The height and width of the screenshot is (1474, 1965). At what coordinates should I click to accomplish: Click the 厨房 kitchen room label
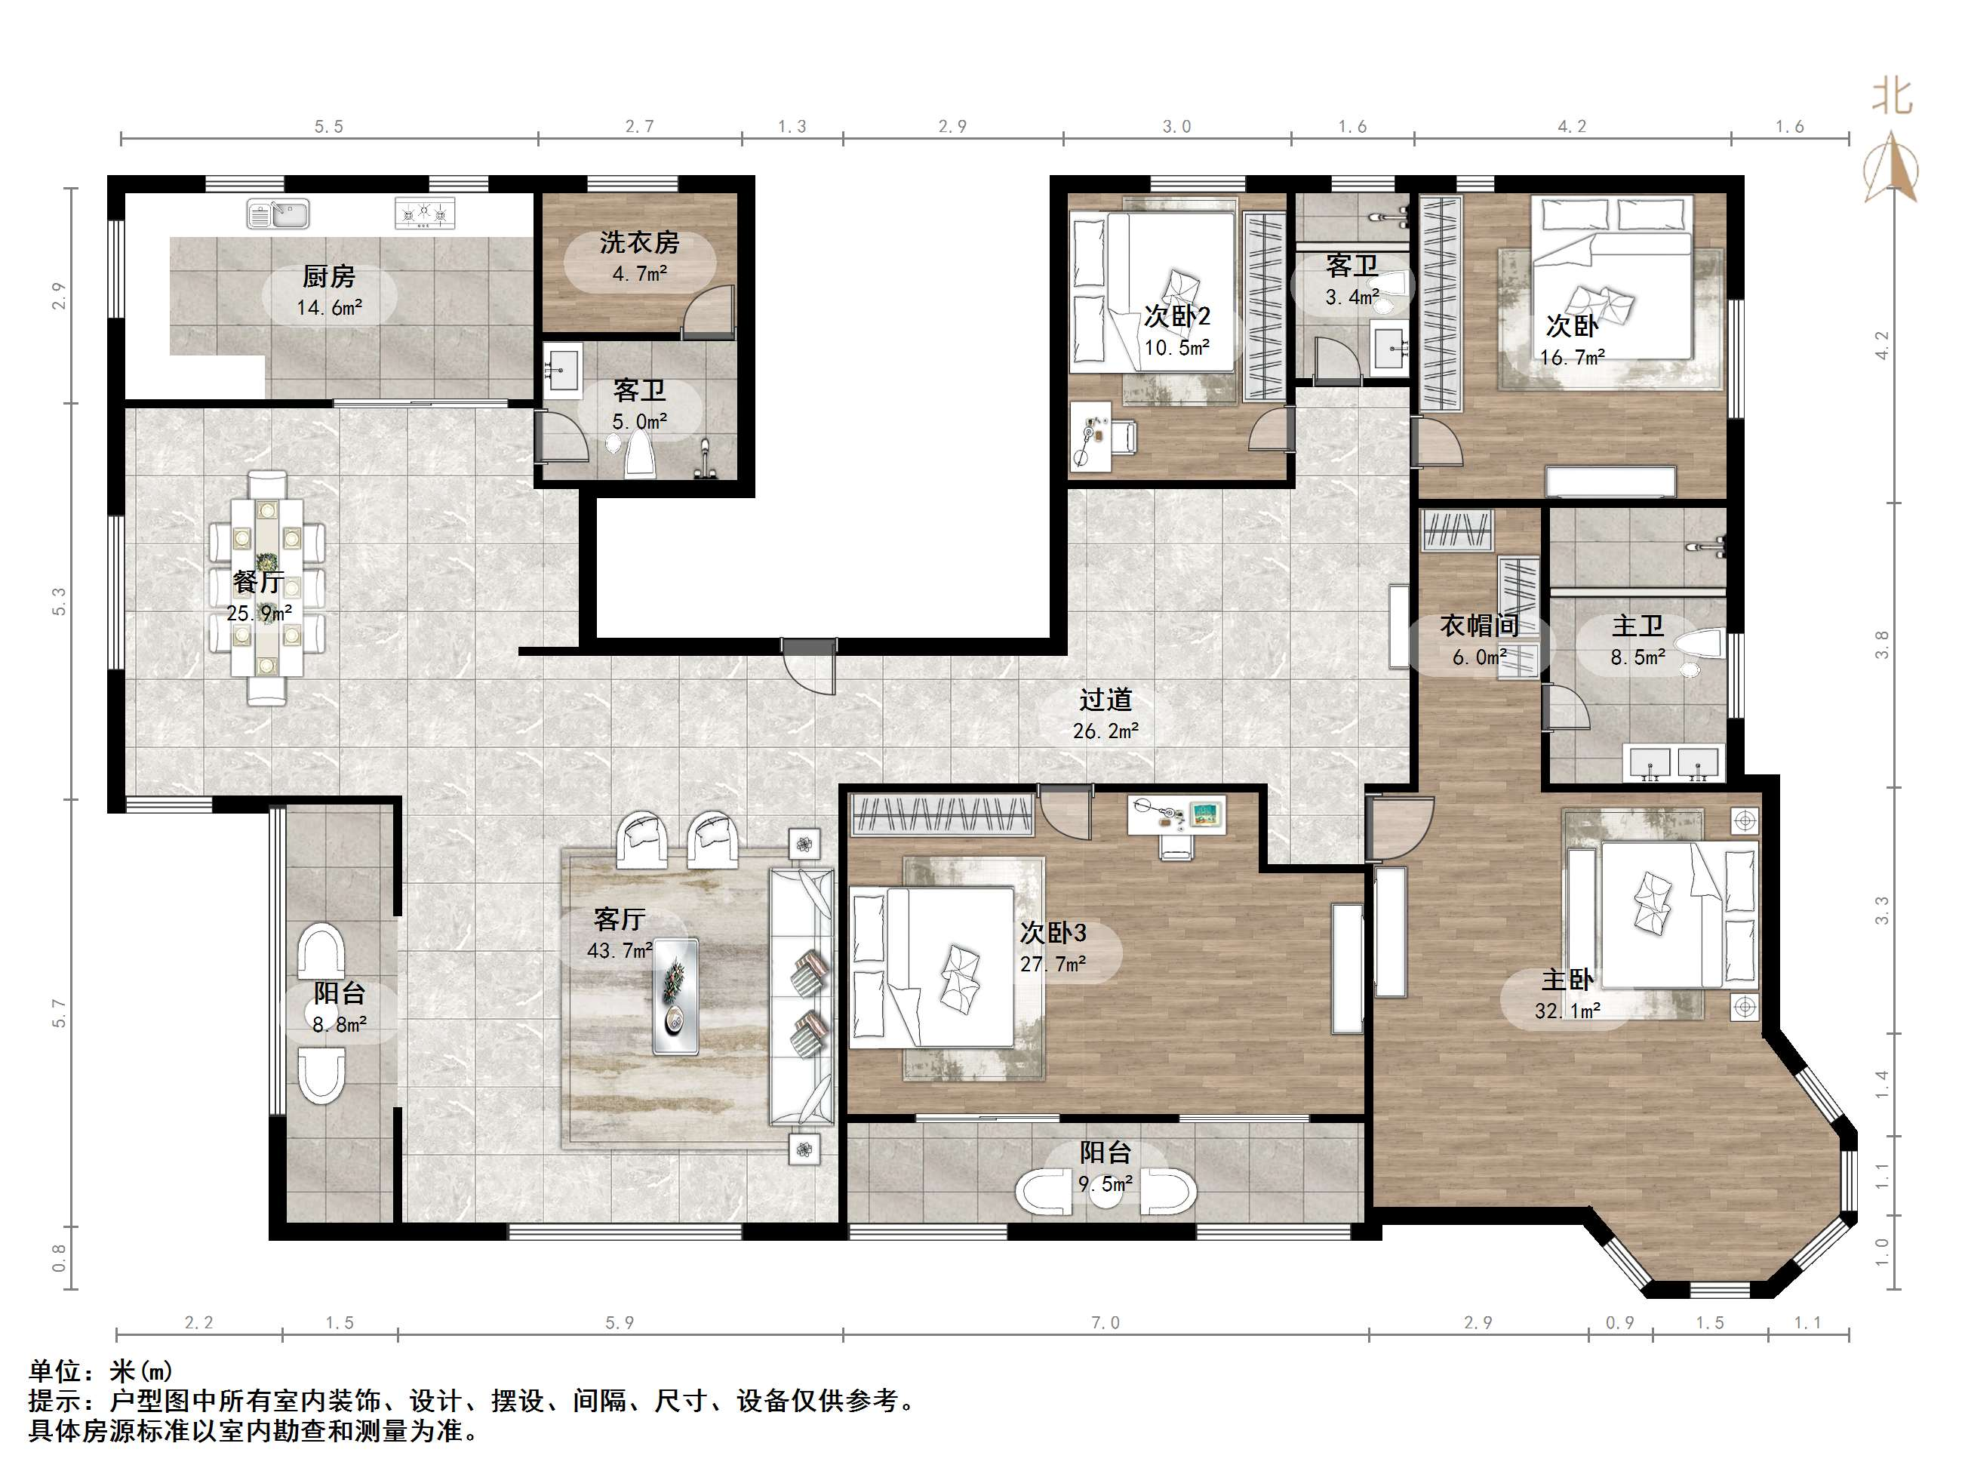click(x=329, y=276)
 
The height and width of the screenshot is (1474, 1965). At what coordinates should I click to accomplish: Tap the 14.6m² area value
click(x=330, y=307)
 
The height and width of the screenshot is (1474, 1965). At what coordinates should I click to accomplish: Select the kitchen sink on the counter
click(x=278, y=214)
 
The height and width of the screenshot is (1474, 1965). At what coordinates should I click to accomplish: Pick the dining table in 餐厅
click(x=266, y=587)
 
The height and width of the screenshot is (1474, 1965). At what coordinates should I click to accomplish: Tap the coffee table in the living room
click(x=675, y=996)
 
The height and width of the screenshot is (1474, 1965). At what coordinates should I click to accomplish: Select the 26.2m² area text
click(x=1106, y=731)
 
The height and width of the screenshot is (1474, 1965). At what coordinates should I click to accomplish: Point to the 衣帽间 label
click(x=1479, y=626)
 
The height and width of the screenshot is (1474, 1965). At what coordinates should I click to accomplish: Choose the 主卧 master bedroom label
click(x=1567, y=979)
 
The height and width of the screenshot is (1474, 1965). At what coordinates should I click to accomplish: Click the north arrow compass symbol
click(x=1891, y=169)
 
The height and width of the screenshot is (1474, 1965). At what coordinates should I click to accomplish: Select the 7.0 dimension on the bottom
click(x=1106, y=1323)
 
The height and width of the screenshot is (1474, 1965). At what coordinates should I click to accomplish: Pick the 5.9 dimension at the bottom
click(x=620, y=1323)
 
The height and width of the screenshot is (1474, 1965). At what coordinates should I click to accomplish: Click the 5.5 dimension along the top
click(x=329, y=127)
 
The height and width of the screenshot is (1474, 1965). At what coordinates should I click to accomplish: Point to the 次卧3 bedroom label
click(x=1053, y=933)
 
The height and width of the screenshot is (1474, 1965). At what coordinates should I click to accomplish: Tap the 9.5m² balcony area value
click(x=1106, y=1183)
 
